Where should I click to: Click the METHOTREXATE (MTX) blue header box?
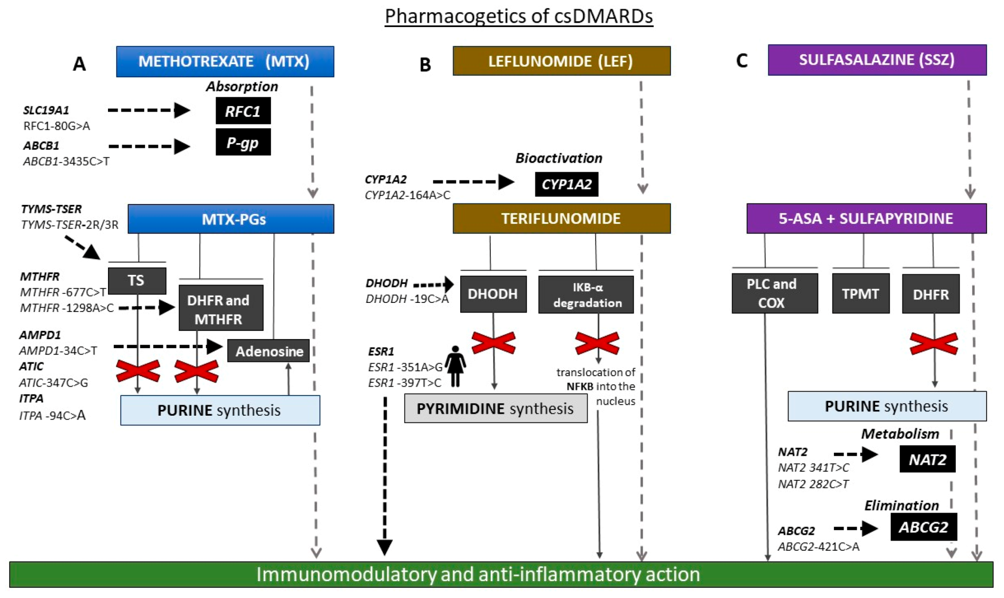point(225,61)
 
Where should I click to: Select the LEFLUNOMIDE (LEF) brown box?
point(562,61)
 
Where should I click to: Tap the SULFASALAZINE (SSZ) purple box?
point(877,60)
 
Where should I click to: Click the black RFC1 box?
point(243,111)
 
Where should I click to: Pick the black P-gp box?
point(243,142)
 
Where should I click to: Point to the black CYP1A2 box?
point(567,184)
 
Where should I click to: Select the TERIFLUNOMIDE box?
point(562,218)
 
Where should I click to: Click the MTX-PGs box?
point(231,219)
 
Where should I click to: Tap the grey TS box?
point(137,281)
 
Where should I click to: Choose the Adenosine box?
point(268,351)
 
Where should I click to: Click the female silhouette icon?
point(455,367)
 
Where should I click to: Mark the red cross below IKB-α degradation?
point(598,343)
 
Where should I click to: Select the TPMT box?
point(861,294)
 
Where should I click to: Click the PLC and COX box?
point(775,293)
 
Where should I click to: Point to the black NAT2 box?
point(927,459)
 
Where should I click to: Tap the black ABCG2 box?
point(924,527)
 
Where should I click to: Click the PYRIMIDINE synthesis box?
point(495,408)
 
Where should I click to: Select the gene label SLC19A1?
point(46,110)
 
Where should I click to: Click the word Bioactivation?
point(559,158)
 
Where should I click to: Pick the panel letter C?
point(742,61)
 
